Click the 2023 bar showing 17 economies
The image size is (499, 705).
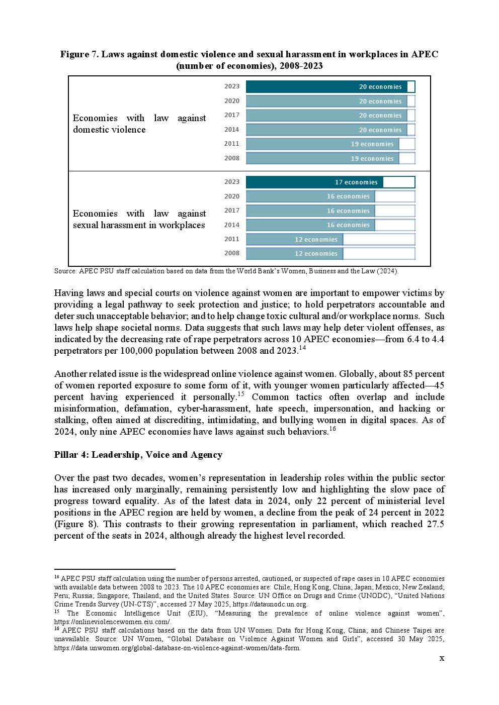tap(314, 182)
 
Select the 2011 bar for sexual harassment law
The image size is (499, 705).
tap(294, 240)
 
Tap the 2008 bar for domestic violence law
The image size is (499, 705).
tap(322, 159)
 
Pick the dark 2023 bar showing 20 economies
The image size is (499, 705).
tap(326, 87)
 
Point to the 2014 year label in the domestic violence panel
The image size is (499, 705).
tap(232, 130)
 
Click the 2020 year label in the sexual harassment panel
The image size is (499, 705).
tap(232, 196)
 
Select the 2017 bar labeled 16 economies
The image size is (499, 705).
tap(310, 211)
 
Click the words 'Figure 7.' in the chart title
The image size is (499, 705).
tap(79, 54)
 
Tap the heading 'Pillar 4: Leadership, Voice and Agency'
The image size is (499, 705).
tap(138, 455)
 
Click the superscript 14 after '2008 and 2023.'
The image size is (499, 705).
tap(302, 348)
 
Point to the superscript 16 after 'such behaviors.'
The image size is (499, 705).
tap(332, 429)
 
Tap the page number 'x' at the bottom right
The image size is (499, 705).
tap(442, 658)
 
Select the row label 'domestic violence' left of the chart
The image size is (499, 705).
tap(109, 130)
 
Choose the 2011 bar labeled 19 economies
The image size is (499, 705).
tap(322, 144)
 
